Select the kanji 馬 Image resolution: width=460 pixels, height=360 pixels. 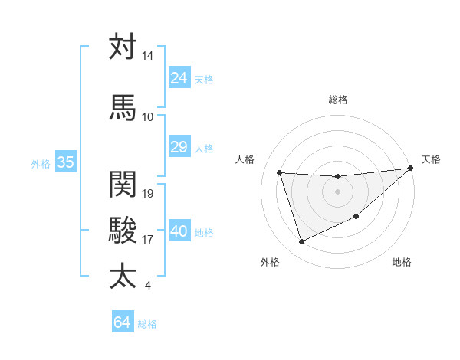click(123, 107)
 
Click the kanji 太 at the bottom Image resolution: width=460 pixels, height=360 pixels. click(123, 277)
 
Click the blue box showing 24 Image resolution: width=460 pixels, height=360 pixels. click(179, 77)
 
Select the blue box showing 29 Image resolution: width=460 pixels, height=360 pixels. click(179, 147)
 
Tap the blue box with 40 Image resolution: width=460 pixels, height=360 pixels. click(179, 231)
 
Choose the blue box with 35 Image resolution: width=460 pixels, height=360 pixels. click(66, 162)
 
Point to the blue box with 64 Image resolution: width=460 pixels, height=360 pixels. click(123, 322)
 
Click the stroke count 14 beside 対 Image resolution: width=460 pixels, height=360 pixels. click(148, 57)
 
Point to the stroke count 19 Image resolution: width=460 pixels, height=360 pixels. click(149, 194)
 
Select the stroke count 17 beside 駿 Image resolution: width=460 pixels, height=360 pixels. click(149, 240)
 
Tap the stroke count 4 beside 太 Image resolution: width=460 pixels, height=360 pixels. click(147, 286)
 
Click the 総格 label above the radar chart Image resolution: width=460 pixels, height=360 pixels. click(338, 100)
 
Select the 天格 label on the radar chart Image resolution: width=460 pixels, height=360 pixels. click(431, 159)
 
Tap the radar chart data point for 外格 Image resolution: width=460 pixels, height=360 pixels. click(301, 242)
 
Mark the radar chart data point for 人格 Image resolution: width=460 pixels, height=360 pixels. click(280, 172)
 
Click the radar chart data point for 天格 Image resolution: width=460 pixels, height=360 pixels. click(411, 168)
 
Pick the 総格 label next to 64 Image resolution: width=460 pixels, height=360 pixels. click(147, 324)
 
